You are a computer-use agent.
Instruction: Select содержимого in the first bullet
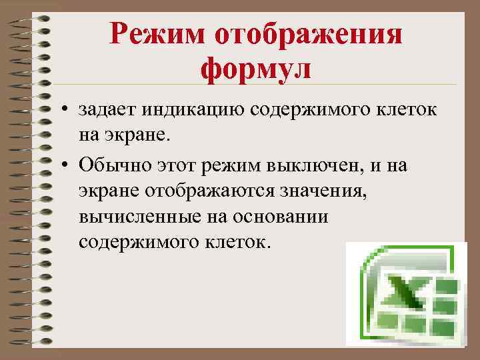317,109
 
